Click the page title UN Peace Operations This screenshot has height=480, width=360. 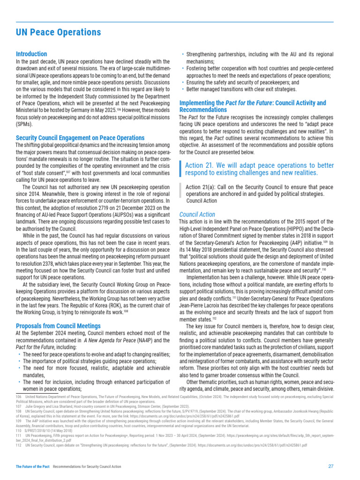(x=58, y=32)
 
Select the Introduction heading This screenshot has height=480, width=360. (x=31, y=54)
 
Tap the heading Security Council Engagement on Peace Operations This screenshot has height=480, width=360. (x=80, y=138)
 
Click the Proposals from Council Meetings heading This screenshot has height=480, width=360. (x=58, y=326)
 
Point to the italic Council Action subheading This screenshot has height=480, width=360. (x=197, y=214)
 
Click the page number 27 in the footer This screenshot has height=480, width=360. (x=330, y=466)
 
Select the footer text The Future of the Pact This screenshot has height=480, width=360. (x=33, y=467)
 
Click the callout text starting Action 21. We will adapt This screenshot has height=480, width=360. (x=259, y=169)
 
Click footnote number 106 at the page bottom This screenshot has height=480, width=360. (x=19, y=397)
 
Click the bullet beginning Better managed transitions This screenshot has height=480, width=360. (x=242, y=89)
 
